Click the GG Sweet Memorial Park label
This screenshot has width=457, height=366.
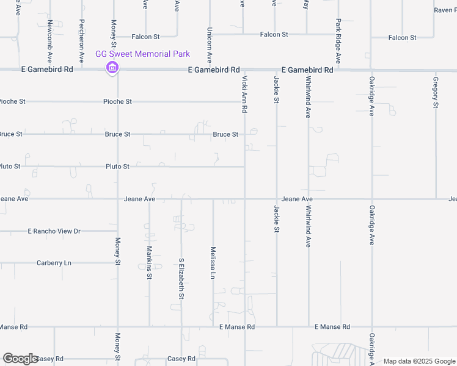(143, 54)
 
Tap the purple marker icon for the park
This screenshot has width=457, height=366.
(112, 68)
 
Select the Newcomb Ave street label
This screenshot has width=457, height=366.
(49, 41)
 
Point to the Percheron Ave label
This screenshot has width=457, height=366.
(81, 41)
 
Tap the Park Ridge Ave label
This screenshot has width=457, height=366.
(338, 41)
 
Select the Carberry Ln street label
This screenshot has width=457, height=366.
(54, 263)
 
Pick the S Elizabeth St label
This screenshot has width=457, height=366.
(181, 279)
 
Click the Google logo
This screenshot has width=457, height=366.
(20, 359)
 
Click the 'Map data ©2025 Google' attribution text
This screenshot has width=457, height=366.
(419, 361)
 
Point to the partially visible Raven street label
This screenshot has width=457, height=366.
(444, 10)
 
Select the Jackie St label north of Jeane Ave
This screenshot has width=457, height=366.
(276, 89)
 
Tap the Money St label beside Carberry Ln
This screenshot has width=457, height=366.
(118, 252)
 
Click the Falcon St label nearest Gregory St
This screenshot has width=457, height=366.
(402, 38)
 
